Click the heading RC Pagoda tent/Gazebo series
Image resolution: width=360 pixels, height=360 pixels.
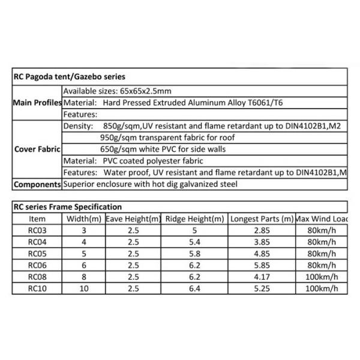coord(68,77)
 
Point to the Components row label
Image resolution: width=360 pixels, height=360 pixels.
coord(37,184)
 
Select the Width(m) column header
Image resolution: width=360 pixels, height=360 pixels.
coord(85,219)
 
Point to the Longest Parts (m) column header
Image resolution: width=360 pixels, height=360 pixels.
coord(262,219)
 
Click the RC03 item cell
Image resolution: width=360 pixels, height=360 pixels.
coord(37,231)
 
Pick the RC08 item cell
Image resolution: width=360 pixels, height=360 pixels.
coord(37,277)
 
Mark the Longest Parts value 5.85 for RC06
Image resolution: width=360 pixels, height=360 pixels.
coord(262,266)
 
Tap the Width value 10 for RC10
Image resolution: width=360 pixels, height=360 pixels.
coord(85,289)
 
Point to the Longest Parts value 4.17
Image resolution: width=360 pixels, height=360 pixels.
coord(262,277)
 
